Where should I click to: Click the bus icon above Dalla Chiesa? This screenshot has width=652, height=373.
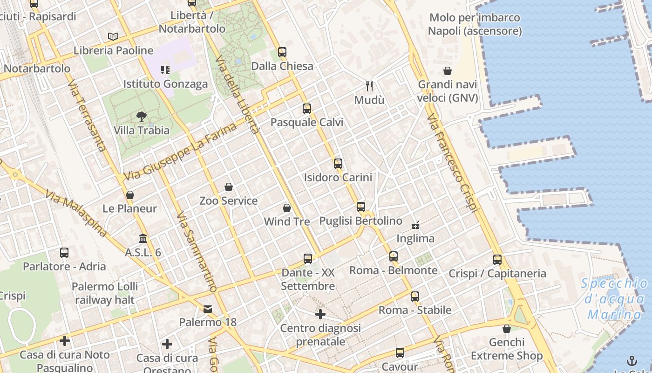(282, 52)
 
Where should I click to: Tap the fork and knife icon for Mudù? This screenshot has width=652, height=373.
(369, 86)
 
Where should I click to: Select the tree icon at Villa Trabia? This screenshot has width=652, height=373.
(142, 116)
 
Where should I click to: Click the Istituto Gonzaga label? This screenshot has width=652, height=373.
(165, 84)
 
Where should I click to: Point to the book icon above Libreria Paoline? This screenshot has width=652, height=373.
(113, 36)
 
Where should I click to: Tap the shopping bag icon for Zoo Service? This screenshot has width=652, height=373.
(229, 187)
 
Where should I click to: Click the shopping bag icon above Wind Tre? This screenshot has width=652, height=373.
(287, 207)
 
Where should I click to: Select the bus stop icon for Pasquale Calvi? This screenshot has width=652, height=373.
(307, 109)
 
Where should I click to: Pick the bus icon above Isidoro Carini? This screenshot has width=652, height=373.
(338, 164)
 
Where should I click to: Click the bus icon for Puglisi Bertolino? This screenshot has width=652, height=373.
(361, 207)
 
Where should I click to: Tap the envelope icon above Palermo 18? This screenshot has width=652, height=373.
(208, 309)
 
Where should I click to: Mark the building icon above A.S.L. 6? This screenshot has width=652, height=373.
(143, 238)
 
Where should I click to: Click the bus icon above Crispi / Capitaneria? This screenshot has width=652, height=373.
(497, 259)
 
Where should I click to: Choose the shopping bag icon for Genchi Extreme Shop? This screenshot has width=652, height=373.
(507, 329)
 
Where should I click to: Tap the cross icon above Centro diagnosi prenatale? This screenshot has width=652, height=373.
(320, 314)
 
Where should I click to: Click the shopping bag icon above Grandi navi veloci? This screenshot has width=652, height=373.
(448, 71)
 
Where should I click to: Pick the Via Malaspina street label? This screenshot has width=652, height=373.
(76, 213)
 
